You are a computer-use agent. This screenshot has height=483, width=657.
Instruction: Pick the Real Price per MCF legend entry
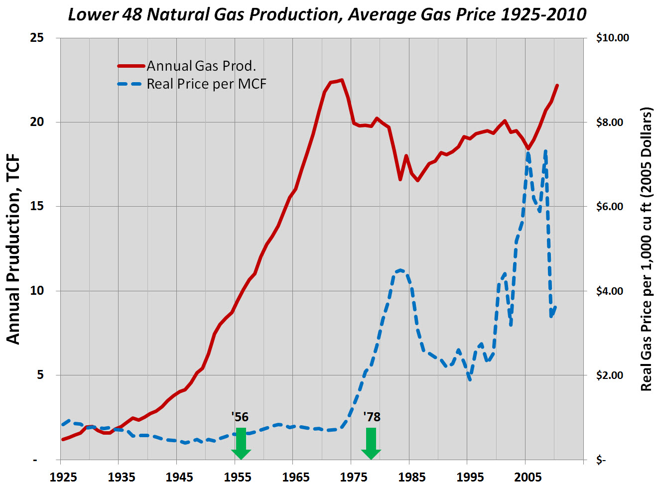point(206,84)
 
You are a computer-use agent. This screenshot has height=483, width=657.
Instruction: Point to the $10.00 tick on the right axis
point(612,38)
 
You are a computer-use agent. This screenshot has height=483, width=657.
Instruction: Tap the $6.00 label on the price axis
point(610,207)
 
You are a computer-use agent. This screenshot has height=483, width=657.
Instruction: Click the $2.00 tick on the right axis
point(610,375)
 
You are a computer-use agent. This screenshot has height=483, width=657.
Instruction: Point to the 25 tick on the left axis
point(37,38)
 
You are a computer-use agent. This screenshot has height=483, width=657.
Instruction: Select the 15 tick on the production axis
point(37,206)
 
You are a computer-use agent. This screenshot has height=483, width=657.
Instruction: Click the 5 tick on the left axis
point(40,375)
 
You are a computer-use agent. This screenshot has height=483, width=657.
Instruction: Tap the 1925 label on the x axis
point(63,477)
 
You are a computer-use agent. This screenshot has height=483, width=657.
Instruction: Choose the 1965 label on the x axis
point(295,477)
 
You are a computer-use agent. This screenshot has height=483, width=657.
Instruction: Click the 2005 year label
point(527,477)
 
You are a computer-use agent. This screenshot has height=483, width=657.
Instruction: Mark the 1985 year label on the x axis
point(411,477)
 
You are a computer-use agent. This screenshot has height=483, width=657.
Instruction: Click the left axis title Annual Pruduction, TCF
point(13,249)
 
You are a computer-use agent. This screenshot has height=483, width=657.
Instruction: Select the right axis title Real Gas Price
point(646,249)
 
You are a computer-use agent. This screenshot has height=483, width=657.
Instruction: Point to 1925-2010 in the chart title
point(543,14)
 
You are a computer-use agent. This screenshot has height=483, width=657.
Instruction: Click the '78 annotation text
point(372,417)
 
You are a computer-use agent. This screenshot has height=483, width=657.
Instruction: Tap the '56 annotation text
point(240,417)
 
